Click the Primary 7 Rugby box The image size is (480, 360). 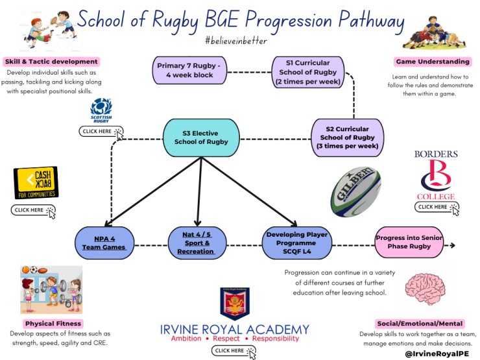[x=189, y=70]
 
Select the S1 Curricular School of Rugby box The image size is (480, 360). [x=308, y=72]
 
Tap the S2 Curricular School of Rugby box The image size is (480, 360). [x=347, y=138]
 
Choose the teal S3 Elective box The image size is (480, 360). [x=201, y=138]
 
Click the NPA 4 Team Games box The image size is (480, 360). [x=104, y=243]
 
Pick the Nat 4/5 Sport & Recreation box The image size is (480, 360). [x=197, y=243]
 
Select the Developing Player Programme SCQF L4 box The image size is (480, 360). [x=297, y=243]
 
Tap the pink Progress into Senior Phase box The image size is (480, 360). [x=409, y=242]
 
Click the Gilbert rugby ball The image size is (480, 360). [x=356, y=191]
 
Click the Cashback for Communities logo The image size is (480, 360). [x=36, y=183]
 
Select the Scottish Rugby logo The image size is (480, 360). [x=101, y=110]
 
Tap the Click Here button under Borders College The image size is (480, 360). [x=437, y=208]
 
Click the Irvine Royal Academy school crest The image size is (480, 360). [x=235, y=304]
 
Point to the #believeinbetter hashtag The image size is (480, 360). [x=236, y=40]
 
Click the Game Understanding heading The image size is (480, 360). [x=433, y=62]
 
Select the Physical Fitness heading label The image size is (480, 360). [x=53, y=324]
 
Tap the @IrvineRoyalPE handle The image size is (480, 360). [x=437, y=354]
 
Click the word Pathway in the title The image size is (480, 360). [x=371, y=21]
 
